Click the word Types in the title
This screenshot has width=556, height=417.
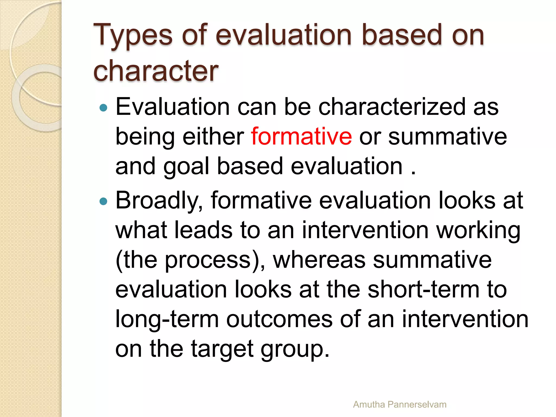pos(133,35)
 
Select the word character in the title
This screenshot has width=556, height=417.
pos(156,71)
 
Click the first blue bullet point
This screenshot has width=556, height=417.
pos(103,108)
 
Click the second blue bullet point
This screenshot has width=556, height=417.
pos(103,201)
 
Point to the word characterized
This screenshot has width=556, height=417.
pos(391,107)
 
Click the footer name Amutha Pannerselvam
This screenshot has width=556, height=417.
pos(399,405)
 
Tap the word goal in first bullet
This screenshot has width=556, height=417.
pos(186,166)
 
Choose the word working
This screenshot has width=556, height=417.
pos(478,231)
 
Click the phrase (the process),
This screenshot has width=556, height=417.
pos(190,261)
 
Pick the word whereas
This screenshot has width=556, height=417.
pos(319,260)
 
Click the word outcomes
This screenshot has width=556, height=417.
pos(279,319)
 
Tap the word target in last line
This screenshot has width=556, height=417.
pos(222,349)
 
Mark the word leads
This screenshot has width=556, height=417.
pos(203,230)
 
